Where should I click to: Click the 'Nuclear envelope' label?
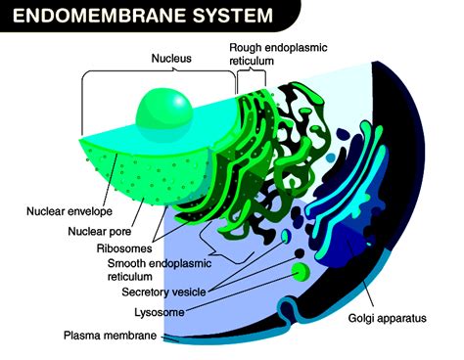coord(68,211)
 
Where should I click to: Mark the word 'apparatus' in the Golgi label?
coord(403,318)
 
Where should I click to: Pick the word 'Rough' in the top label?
coord(248,46)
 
